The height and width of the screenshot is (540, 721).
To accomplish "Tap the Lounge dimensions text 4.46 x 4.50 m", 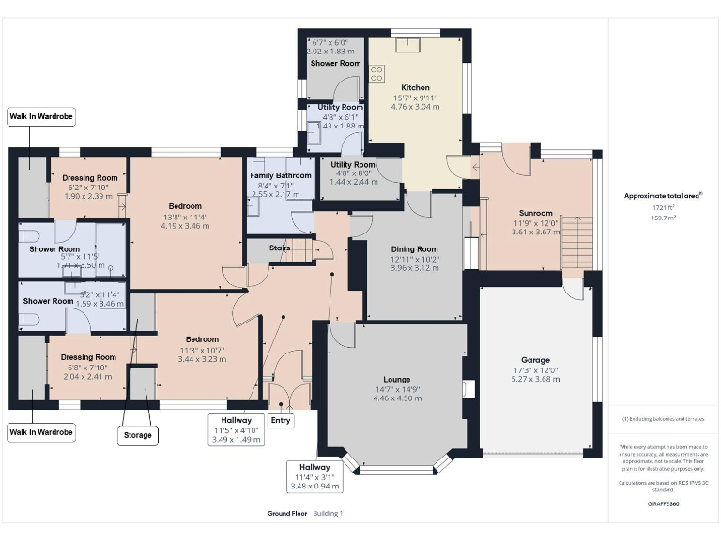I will (x=397, y=397).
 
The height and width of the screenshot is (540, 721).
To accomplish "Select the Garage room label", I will (x=535, y=360).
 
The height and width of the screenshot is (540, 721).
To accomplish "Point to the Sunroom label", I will (x=533, y=213).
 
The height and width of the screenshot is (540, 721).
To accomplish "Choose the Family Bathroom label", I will (x=280, y=175).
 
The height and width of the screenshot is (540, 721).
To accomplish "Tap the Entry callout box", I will (x=281, y=421).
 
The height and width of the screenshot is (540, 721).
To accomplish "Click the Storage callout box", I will (x=136, y=435).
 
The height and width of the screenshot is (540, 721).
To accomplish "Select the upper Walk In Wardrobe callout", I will (x=40, y=116).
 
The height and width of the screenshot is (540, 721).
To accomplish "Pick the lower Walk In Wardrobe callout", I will (x=40, y=433).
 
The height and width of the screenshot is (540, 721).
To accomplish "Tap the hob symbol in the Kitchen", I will (x=376, y=73).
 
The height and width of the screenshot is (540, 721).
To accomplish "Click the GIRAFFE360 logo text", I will (x=664, y=503).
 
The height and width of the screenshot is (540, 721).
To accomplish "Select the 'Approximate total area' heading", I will (x=663, y=196).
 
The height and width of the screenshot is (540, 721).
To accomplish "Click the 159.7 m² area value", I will (x=664, y=216).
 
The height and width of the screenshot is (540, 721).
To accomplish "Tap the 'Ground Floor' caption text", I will (x=286, y=514).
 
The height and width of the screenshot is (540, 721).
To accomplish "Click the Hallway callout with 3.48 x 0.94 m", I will (x=314, y=476).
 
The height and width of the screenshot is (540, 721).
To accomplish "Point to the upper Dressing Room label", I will (x=89, y=177).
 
